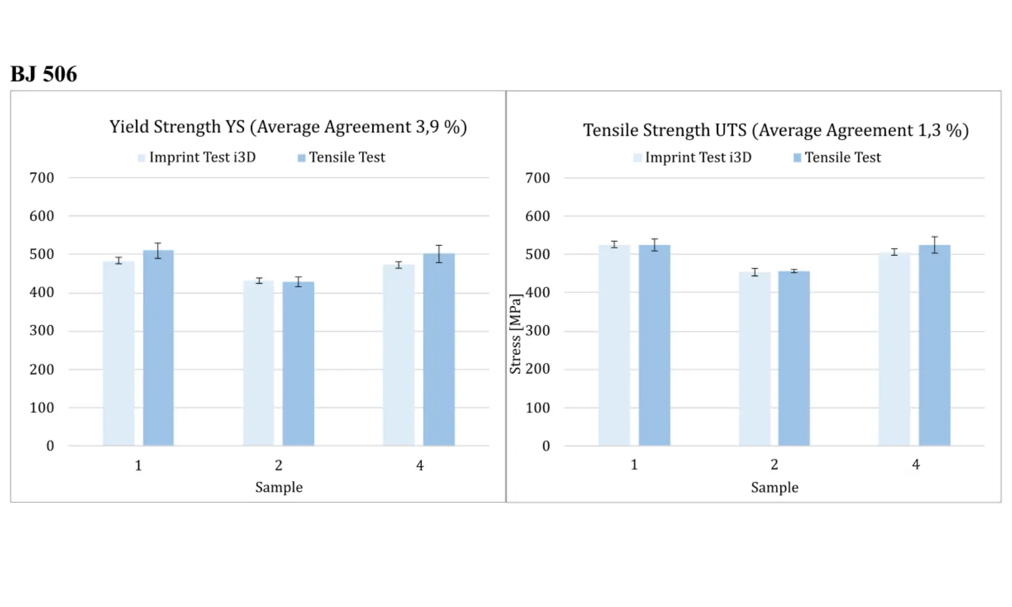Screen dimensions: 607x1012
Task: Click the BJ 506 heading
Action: (43, 74)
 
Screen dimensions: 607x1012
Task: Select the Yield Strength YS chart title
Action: (287, 127)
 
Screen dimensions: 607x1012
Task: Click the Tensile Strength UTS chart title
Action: (775, 130)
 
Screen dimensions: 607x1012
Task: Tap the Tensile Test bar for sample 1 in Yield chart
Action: (158, 348)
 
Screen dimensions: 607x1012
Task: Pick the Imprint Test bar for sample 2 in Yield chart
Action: (258, 363)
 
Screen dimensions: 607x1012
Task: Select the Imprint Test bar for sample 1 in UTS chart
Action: (614, 345)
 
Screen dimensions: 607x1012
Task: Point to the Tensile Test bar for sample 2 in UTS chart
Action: (794, 358)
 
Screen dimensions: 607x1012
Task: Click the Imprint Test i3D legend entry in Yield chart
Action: (197, 158)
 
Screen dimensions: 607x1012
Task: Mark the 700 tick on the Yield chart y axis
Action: (42, 178)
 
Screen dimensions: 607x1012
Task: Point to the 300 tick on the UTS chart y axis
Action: (538, 331)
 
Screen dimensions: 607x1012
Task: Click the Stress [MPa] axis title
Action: (515, 334)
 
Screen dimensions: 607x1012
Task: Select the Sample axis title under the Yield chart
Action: (279, 487)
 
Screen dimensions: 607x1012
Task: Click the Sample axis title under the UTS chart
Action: (774, 487)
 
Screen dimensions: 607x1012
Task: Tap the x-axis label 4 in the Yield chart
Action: (420, 465)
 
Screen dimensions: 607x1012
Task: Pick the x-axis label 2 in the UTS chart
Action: (774, 465)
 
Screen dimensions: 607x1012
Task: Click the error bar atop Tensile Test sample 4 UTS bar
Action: (934, 245)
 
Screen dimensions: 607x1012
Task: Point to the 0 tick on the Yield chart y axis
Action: (50, 446)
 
